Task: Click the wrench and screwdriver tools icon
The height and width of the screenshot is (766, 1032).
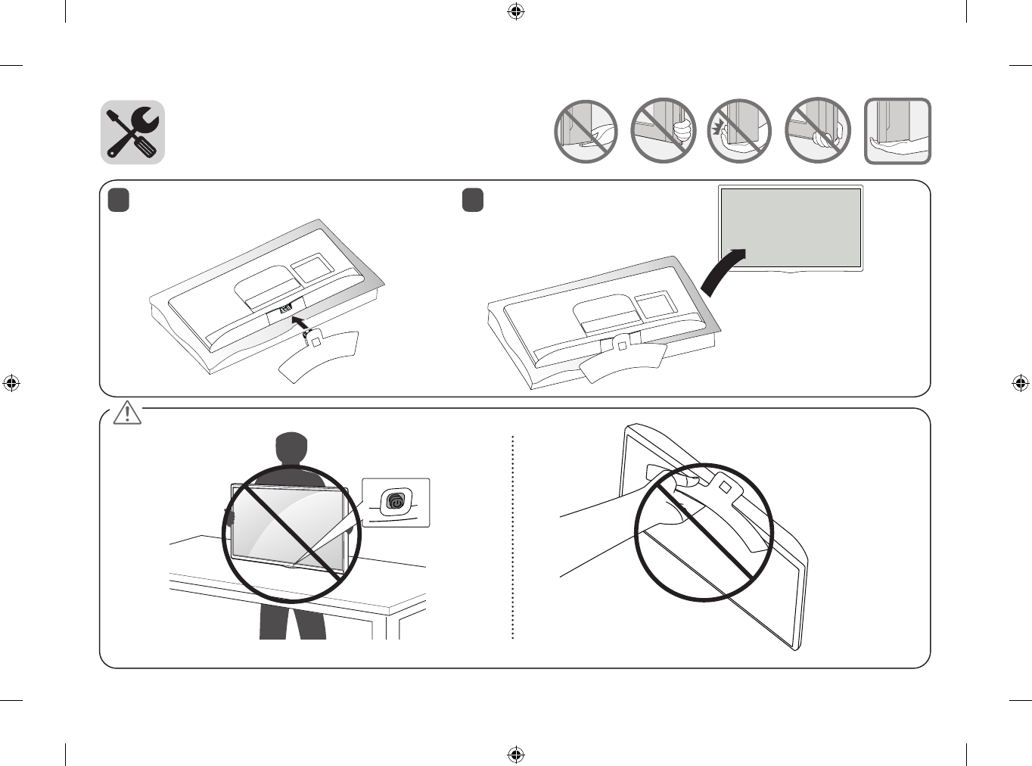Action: [132, 132]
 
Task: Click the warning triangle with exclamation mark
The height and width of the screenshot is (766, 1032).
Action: [127, 413]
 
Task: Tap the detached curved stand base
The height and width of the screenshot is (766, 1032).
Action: [318, 356]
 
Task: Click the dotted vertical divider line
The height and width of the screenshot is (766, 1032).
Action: [513, 537]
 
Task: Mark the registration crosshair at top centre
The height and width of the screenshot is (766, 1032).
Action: [516, 11]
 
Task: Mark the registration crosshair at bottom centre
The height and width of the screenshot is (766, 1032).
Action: [516, 755]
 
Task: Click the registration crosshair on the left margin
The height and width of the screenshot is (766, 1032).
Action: [11, 383]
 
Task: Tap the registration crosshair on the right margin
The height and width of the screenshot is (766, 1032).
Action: [1021, 383]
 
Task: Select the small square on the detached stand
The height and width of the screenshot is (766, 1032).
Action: [316, 341]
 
